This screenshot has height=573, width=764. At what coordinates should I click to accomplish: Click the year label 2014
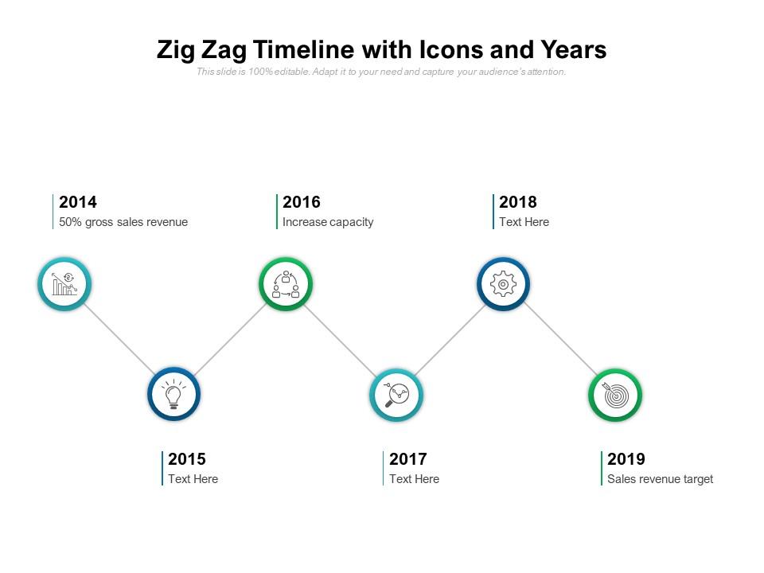pos(78,201)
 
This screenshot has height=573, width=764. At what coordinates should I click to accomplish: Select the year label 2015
pos(187,458)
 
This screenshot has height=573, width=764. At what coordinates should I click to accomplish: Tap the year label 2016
pos(302,201)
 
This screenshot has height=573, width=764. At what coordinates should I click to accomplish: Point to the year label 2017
pos(408,458)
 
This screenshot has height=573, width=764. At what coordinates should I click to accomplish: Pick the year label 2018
pos(518,201)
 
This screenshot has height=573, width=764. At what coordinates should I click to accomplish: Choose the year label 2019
pos(626,458)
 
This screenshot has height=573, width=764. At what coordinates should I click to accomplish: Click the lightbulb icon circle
pos(174,394)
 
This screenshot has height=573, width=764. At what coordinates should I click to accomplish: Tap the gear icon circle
pos(503,284)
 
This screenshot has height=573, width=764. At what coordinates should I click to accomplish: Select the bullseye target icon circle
pos(615,396)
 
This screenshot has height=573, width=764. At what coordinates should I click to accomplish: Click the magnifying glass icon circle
pos(396,395)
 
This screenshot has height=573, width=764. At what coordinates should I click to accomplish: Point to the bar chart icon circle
pos(64,284)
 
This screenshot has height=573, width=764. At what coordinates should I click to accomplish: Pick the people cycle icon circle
pos(286,284)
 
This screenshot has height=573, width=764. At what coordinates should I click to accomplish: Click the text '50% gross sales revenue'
pos(123,222)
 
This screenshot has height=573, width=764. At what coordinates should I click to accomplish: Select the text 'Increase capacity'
pos(328,222)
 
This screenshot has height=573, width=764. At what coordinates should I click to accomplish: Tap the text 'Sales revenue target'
pos(661,479)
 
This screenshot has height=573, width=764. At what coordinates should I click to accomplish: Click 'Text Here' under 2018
pos(524,222)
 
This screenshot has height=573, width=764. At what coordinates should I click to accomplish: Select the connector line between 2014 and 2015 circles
pos(119,339)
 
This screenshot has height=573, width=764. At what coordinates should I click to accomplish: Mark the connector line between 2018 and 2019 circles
pos(560,340)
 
